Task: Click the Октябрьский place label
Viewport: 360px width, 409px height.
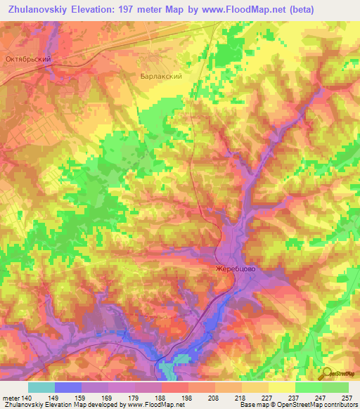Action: (x=27, y=60)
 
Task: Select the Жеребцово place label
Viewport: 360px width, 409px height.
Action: (x=234, y=268)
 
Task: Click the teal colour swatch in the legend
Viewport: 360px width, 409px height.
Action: (x=41, y=387)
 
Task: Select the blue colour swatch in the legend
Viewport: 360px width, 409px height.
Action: (x=67, y=387)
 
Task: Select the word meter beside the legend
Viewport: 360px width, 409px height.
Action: (x=10, y=398)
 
